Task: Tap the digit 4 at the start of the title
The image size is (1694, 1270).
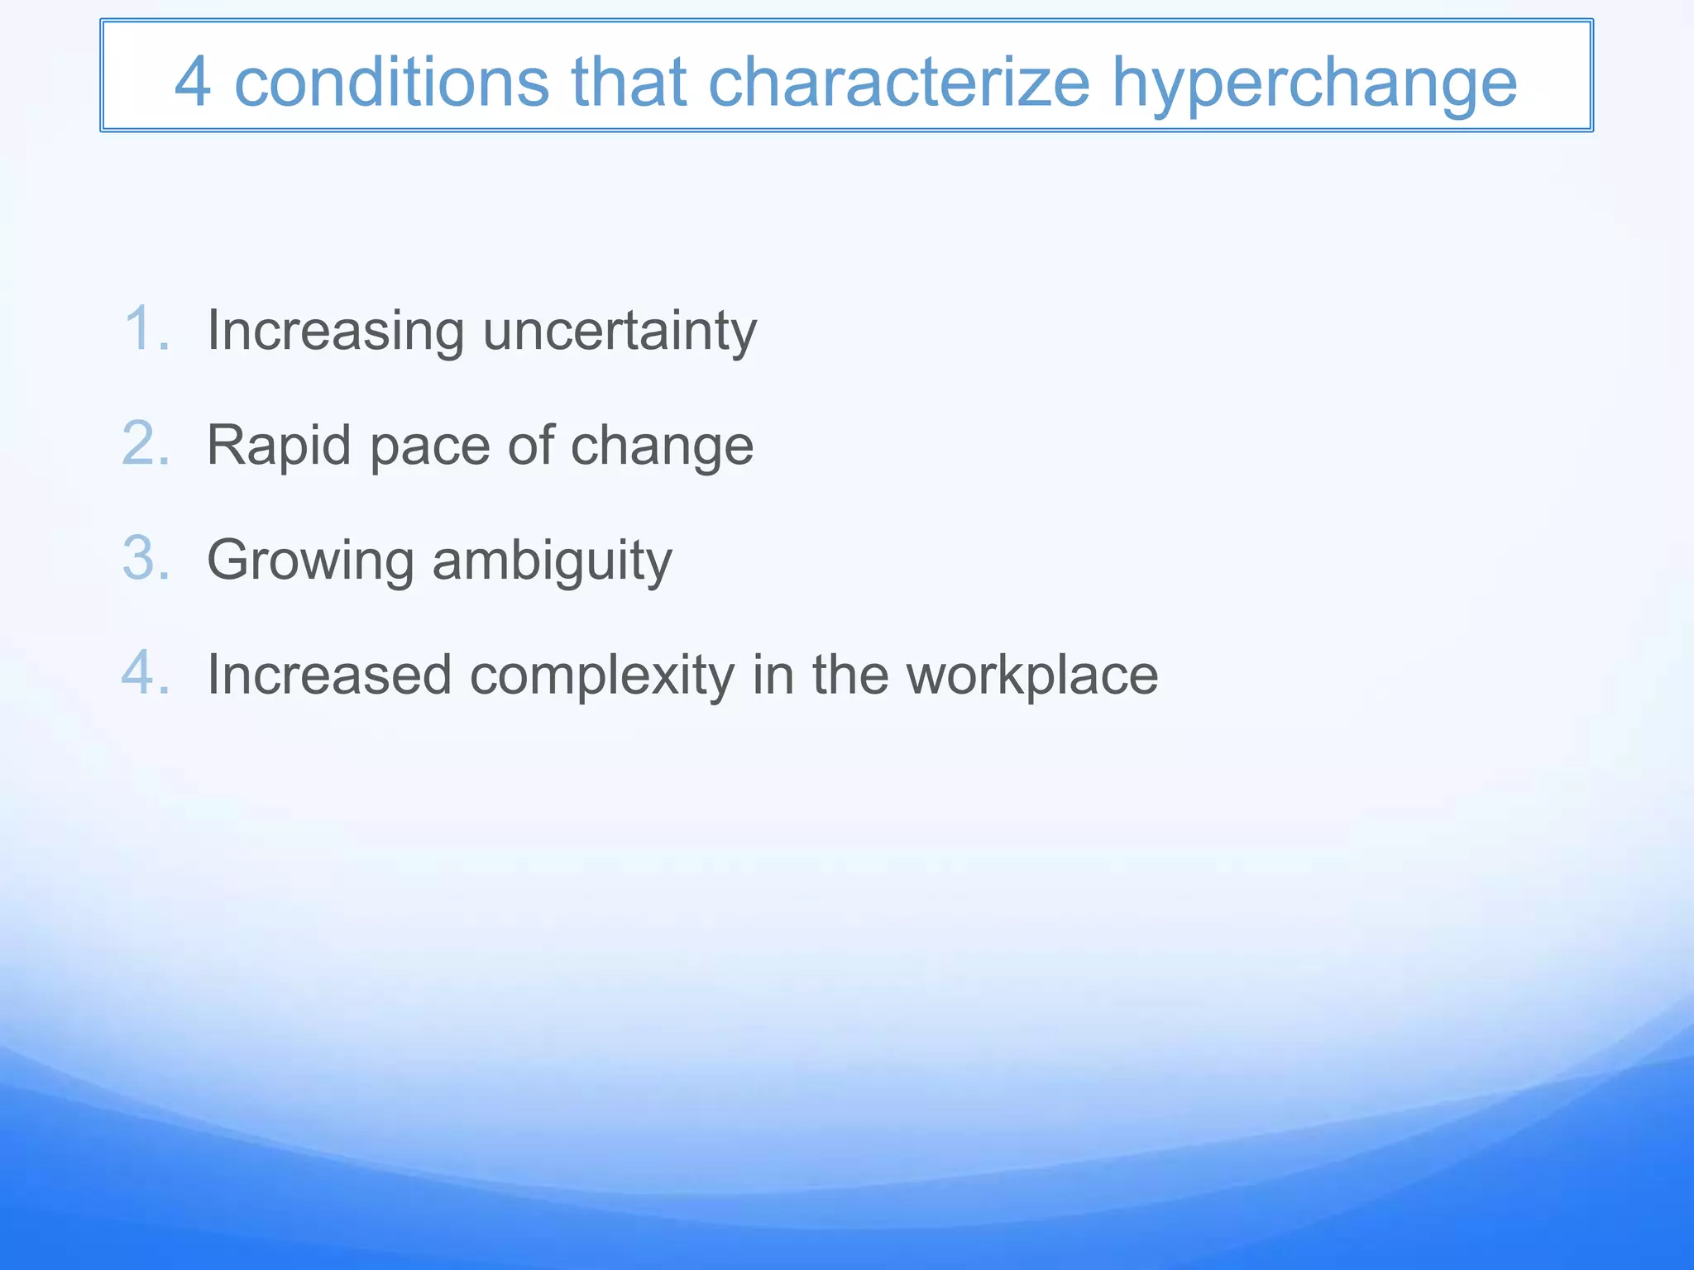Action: pos(192,83)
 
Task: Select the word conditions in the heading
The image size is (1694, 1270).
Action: pos(391,83)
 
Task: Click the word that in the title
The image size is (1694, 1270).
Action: pos(629,83)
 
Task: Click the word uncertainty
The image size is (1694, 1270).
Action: pos(620,331)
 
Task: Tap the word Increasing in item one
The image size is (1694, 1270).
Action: pos(335,331)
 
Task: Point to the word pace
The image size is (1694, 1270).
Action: pos(430,447)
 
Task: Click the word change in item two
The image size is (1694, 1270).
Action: pos(662,447)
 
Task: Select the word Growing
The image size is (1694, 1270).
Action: pos(310,561)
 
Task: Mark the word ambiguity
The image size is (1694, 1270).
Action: pos(552,561)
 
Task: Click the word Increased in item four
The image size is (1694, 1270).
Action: pos(329,675)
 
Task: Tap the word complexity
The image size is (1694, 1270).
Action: pos(602,676)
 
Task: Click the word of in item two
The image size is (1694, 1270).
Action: pos(530,446)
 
